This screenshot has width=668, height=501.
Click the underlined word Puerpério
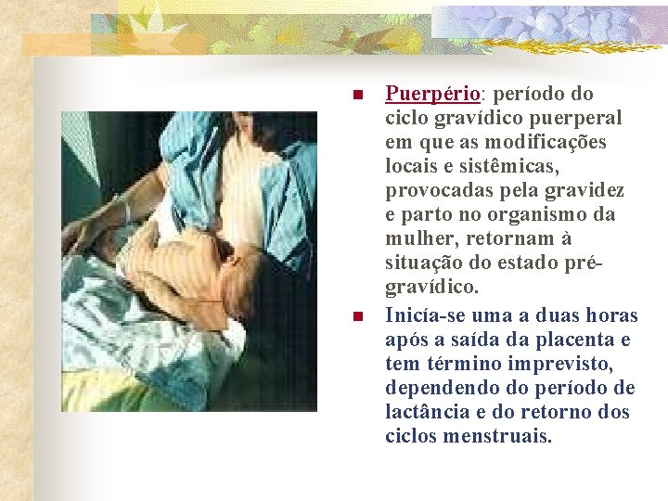pos(432,95)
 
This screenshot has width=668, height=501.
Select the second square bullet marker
pos(356,316)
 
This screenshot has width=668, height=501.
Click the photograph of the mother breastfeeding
pos(188,261)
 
